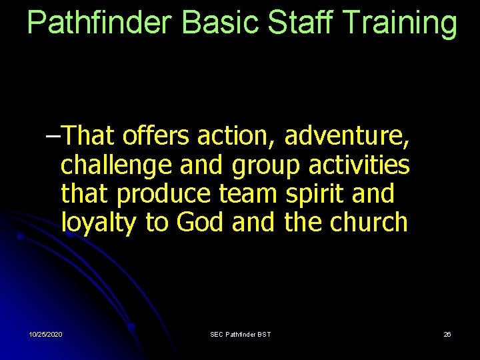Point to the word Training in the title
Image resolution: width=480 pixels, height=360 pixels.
403,23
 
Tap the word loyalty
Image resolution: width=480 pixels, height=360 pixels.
99,223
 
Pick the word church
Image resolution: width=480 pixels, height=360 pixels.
368,223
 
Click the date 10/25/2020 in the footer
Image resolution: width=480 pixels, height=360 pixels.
46,334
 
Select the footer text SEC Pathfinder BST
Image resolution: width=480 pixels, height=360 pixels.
240,334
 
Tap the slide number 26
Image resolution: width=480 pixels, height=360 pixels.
447,334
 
